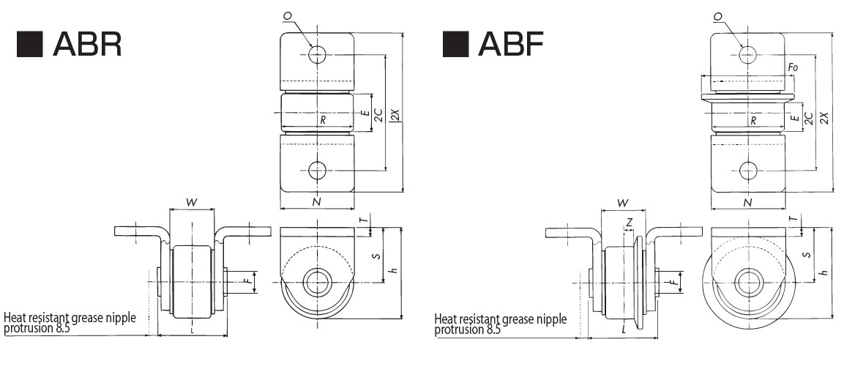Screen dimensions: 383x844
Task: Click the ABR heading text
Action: tap(88, 45)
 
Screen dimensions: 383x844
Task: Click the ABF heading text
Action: tap(510, 45)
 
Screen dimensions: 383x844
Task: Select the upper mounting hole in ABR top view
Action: tap(317, 53)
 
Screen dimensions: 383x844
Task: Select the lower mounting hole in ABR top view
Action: tap(317, 171)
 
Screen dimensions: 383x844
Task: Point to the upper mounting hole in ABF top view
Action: tap(747, 53)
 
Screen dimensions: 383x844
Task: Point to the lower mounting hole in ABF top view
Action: tap(747, 171)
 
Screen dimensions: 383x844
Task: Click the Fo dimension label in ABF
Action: tap(792, 68)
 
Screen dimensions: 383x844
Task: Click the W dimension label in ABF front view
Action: tap(623, 202)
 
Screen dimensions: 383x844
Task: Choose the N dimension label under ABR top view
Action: tap(317, 202)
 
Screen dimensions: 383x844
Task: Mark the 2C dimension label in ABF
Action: tap(808, 119)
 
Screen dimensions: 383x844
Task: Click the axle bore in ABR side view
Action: tap(317, 280)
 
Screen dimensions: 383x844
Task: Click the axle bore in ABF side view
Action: tap(747, 280)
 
